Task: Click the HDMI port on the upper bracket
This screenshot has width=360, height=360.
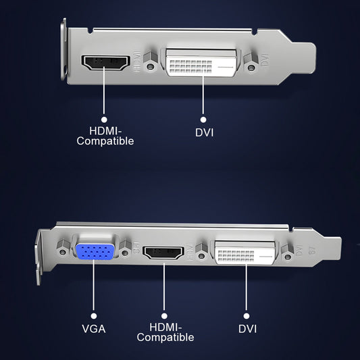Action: [x=105, y=63]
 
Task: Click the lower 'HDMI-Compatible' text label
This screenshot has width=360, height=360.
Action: [x=165, y=332]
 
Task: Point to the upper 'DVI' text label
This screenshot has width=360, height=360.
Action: [x=204, y=132]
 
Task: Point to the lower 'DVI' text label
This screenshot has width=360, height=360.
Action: [x=248, y=328]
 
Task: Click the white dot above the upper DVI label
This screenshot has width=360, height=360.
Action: [x=203, y=118]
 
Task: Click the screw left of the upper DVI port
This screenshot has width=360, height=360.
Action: [x=153, y=66]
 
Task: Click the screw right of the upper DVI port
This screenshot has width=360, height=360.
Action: [x=251, y=68]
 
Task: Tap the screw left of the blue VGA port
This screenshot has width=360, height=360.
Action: [x=63, y=252]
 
